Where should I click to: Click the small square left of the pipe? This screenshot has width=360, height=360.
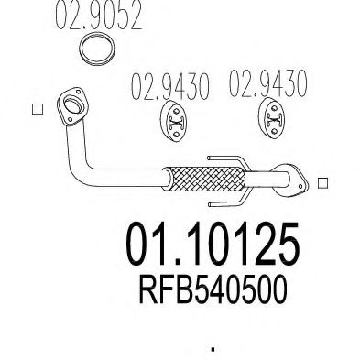(x=38, y=111)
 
